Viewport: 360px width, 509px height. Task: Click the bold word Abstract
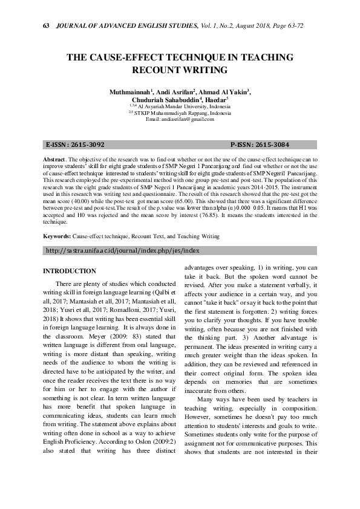(56, 158)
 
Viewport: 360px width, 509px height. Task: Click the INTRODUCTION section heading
(71, 271)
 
